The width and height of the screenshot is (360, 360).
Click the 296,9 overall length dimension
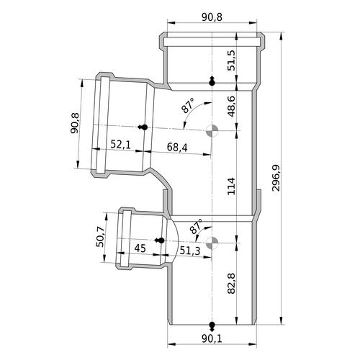(x=276, y=178)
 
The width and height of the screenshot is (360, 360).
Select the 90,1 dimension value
(x=212, y=338)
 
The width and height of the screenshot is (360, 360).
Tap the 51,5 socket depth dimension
(x=232, y=60)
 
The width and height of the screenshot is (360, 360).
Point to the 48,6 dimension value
(x=232, y=107)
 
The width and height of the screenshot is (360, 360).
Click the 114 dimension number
(x=231, y=186)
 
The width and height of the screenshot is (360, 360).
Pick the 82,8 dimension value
(x=231, y=284)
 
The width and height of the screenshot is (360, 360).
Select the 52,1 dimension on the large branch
(x=120, y=145)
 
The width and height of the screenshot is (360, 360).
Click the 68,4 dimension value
(x=177, y=148)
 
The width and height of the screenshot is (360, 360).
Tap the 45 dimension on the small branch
(x=140, y=248)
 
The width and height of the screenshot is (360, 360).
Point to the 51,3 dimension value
(x=190, y=251)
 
